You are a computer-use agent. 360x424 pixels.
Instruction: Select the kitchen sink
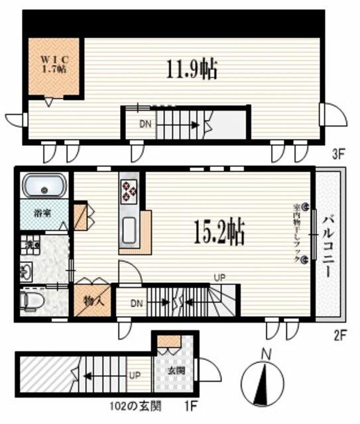tap(129, 231)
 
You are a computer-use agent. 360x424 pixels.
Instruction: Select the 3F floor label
tap(339, 156)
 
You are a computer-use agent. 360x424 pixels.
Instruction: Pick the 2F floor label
tap(339, 336)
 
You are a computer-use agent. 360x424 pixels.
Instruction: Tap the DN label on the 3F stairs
tap(145, 123)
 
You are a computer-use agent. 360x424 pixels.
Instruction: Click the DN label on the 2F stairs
tap(136, 304)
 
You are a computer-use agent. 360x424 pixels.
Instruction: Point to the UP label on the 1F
tap(135, 375)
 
